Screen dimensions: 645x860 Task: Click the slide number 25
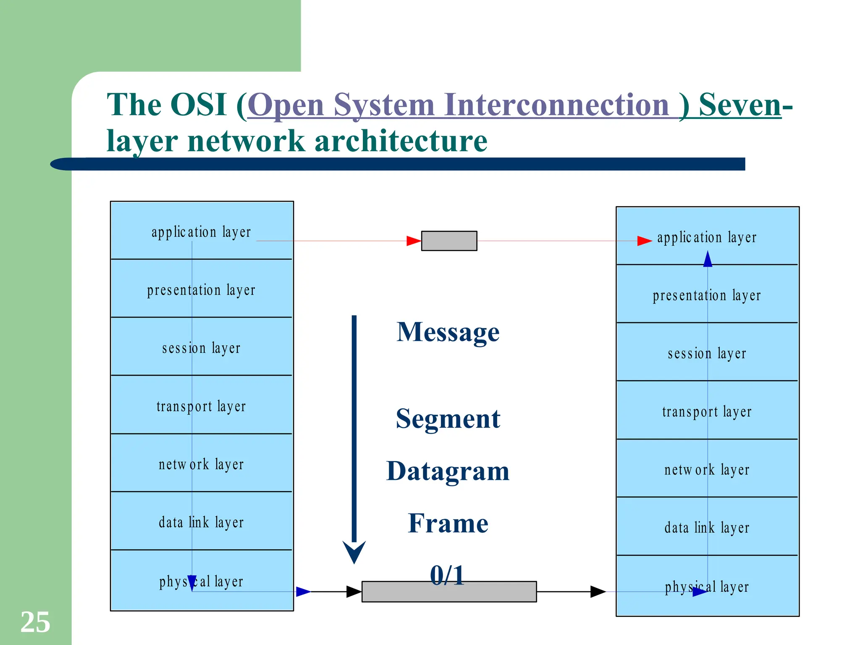35,622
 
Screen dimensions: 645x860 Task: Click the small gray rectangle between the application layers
449,241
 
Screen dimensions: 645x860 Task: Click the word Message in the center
448,332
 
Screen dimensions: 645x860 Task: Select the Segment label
448,419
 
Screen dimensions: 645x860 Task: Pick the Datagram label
448,471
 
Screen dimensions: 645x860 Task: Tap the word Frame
448,523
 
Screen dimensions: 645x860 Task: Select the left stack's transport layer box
201,405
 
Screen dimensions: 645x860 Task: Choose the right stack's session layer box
707,352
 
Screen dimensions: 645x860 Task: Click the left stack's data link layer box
201,521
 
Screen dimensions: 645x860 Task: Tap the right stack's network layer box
707,468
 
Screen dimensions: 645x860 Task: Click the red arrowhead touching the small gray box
414,241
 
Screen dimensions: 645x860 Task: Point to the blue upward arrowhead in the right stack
708,259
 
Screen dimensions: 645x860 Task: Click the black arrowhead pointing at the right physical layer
598,592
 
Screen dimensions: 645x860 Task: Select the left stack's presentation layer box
201,288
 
